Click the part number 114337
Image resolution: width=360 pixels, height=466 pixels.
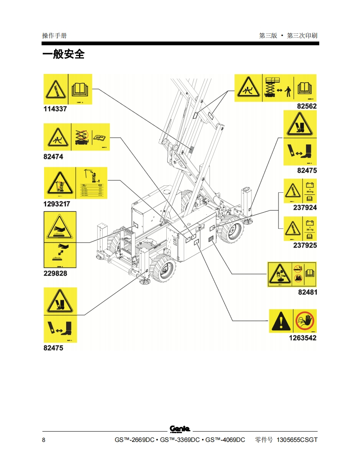pos(55,109)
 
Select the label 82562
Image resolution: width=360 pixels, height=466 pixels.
pos(306,106)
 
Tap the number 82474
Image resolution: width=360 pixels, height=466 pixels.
pos(54,157)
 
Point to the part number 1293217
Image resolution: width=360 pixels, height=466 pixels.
pos(57,204)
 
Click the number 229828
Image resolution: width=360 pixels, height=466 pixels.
pos(55,273)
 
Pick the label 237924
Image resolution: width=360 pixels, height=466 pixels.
pos(305,208)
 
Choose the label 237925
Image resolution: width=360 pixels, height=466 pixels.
pos(305,245)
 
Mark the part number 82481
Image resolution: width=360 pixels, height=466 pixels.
pos(307,292)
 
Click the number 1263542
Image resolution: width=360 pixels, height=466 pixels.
pos(303,338)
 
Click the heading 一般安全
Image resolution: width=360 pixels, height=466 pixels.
pos(63,54)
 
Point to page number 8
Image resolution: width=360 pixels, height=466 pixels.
pos(44,440)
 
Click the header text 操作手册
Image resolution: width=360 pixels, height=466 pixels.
pos(54,36)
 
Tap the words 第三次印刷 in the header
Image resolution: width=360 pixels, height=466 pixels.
pos(302,36)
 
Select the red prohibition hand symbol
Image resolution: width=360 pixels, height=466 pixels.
pos(305,321)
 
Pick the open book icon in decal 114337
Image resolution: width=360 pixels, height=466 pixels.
pos(80,89)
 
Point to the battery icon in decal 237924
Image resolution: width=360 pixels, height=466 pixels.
pos(310,185)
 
